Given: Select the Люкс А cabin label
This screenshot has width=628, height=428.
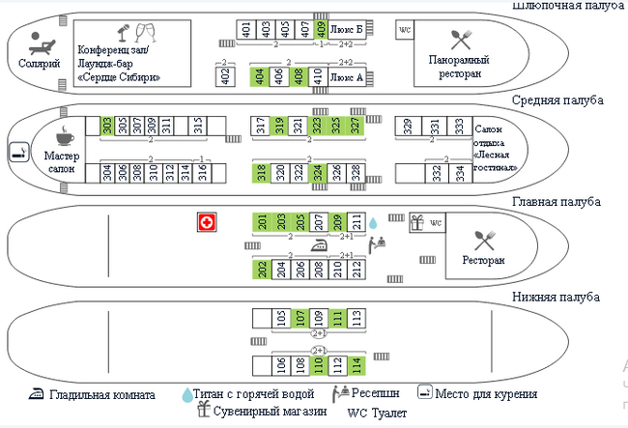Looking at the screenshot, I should click(347, 76).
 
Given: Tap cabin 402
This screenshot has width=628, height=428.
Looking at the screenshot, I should click(225, 76).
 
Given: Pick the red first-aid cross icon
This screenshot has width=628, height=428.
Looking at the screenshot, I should click(205, 222).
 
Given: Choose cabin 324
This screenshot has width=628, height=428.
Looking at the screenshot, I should click(317, 173).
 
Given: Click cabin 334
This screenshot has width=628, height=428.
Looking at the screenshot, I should click(460, 173).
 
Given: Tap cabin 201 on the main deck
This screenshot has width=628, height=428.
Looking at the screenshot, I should click(261, 221).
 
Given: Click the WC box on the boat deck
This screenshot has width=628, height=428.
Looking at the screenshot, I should click(406, 30).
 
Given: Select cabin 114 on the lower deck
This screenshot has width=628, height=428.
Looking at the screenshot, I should click(357, 365).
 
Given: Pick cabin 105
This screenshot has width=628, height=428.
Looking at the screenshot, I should click(280, 317).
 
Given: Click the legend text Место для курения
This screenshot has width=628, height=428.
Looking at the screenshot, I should click(486, 394).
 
